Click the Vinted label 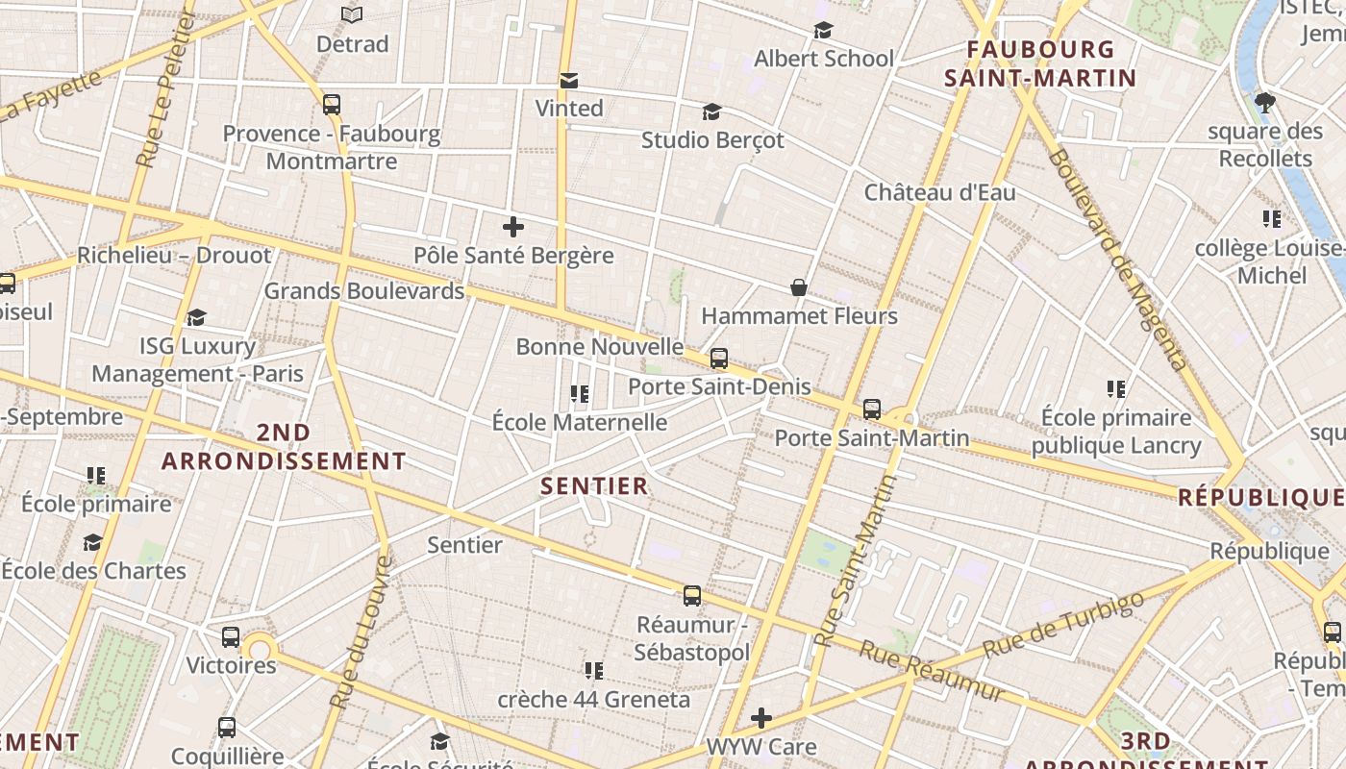point(569,109)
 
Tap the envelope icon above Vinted point(569,80)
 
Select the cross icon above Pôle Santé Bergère point(513,228)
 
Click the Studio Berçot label point(712,140)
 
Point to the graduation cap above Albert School point(823,31)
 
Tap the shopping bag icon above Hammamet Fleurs point(798,287)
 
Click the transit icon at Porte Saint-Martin point(872,409)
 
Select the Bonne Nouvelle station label point(600,347)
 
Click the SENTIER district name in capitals point(594,486)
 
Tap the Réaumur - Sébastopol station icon point(692,596)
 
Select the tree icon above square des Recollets point(1265,102)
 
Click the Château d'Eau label point(939,192)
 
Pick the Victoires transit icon point(231,636)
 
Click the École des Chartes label point(93,571)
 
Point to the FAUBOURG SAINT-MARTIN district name point(1040,63)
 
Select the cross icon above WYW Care point(761,718)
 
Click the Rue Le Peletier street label point(160,91)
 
